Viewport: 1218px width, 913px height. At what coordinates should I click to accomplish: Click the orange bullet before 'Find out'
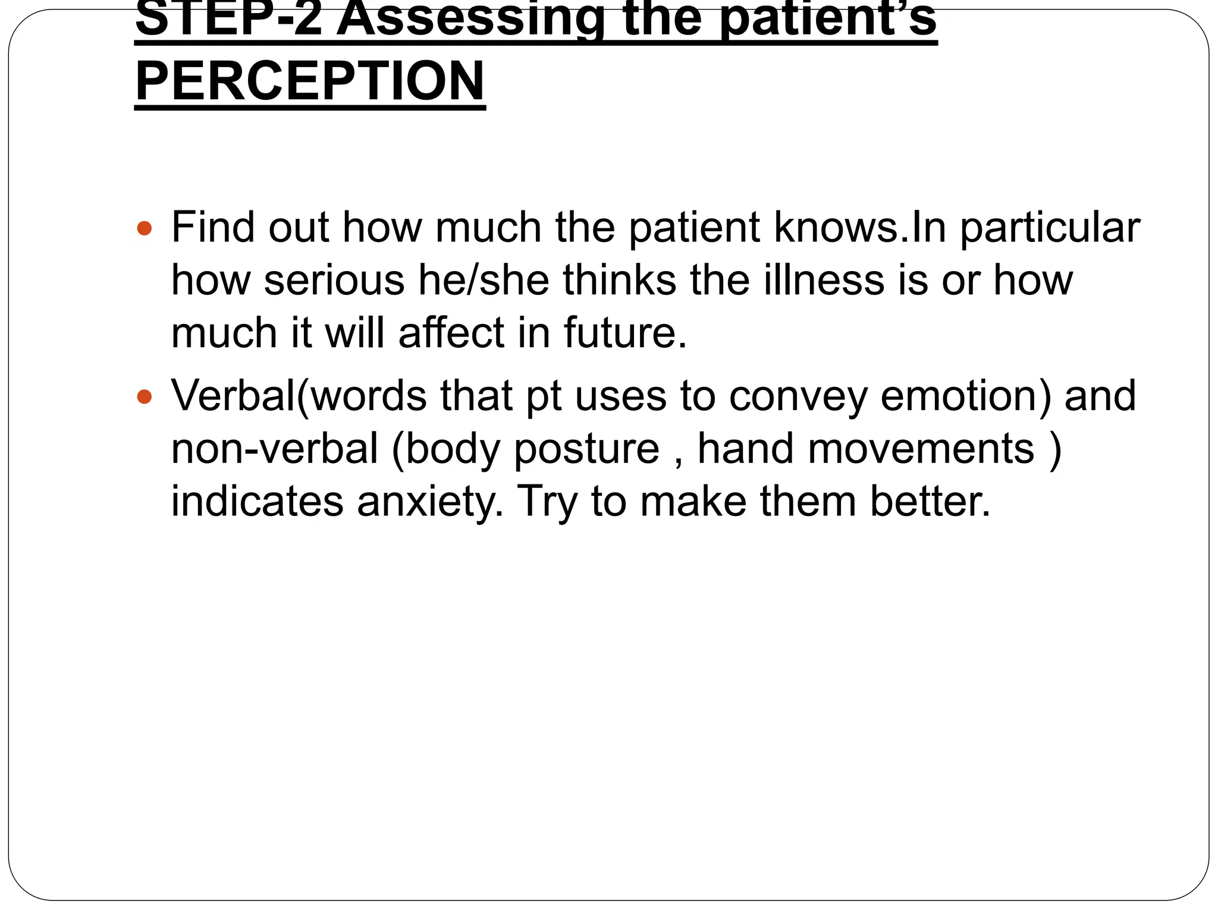coord(145,228)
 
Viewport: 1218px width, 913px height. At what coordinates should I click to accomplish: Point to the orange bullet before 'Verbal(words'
coord(145,396)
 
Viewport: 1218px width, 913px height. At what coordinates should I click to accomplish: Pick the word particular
coord(1050,228)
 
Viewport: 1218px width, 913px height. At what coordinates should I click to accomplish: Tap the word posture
coord(587,449)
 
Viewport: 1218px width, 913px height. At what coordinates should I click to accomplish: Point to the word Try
coord(547,502)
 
